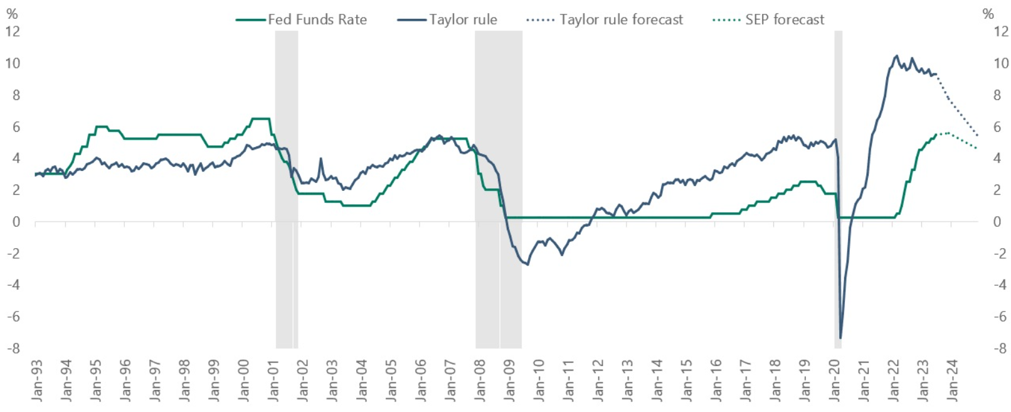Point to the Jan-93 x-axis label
click(x=37, y=381)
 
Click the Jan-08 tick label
click(x=480, y=381)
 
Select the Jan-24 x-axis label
click(x=952, y=381)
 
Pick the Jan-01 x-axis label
click(x=273, y=381)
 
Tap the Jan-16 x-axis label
click(x=716, y=381)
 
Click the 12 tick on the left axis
click(x=13, y=31)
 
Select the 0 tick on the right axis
click(x=997, y=221)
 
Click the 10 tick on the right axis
click(x=1001, y=63)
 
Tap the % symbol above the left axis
click(x=12, y=14)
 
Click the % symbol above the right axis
click(x=988, y=14)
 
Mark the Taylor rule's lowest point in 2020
click(x=840, y=338)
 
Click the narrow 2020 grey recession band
click(x=838, y=188)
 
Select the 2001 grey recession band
click(x=287, y=188)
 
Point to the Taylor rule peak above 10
click(x=896, y=56)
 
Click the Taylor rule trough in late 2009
click(x=527, y=264)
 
